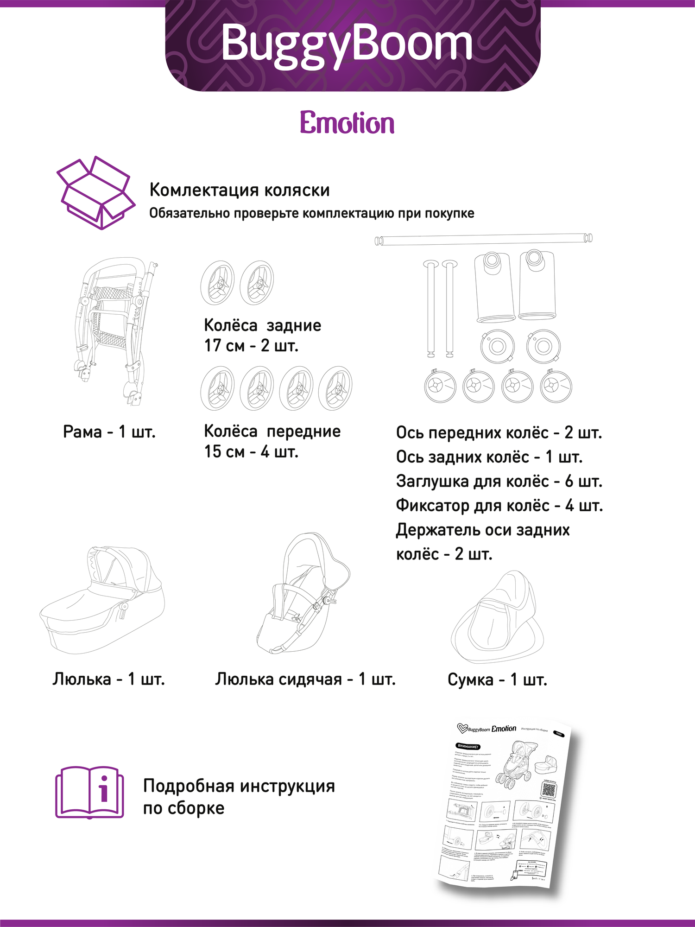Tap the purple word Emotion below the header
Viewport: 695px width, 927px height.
[x=347, y=123]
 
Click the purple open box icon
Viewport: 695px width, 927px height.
[x=95, y=192]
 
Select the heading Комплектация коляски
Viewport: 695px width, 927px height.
[x=240, y=190]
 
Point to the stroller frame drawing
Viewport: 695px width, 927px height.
[x=116, y=329]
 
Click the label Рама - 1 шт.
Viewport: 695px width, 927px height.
[x=109, y=432]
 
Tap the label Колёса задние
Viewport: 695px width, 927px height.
[x=262, y=325]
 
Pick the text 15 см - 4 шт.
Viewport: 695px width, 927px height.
[x=251, y=451]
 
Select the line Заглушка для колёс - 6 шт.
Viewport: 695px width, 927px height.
[x=499, y=481]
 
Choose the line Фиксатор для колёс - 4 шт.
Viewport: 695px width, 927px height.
[x=499, y=505]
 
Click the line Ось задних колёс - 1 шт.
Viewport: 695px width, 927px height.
[x=489, y=457]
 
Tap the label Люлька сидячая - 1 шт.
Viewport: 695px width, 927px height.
[x=305, y=679]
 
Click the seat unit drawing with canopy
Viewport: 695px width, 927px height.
[x=303, y=593]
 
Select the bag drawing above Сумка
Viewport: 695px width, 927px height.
[x=497, y=616]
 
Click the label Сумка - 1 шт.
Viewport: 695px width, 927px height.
[x=497, y=680]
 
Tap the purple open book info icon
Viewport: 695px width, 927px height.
[x=90, y=793]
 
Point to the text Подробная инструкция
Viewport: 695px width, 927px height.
[x=239, y=786]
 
